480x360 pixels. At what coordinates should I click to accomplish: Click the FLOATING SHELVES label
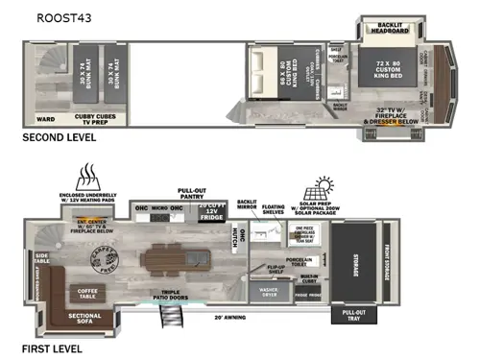(275, 208)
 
